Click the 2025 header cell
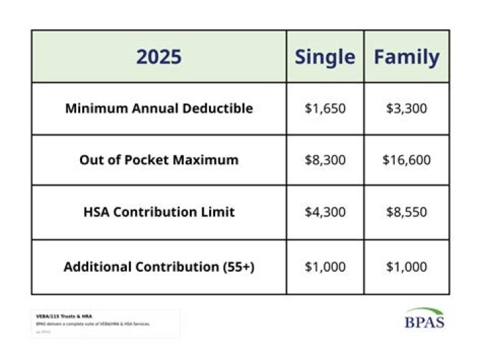[159, 57]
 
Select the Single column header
[325, 57]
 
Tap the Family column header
[406, 57]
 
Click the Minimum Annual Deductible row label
[159, 108]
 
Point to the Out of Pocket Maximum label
[159, 160]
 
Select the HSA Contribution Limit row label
[159, 212]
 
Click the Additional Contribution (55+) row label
[159, 266]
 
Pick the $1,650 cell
[325, 108]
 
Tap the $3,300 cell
[406, 108]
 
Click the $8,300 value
[325, 160]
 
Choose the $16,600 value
[406, 160]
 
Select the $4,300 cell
[325, 212]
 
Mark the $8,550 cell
[406, 212]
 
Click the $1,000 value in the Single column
[325, 266]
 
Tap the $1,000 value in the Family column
[406, 266]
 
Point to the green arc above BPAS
[424, 311]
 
